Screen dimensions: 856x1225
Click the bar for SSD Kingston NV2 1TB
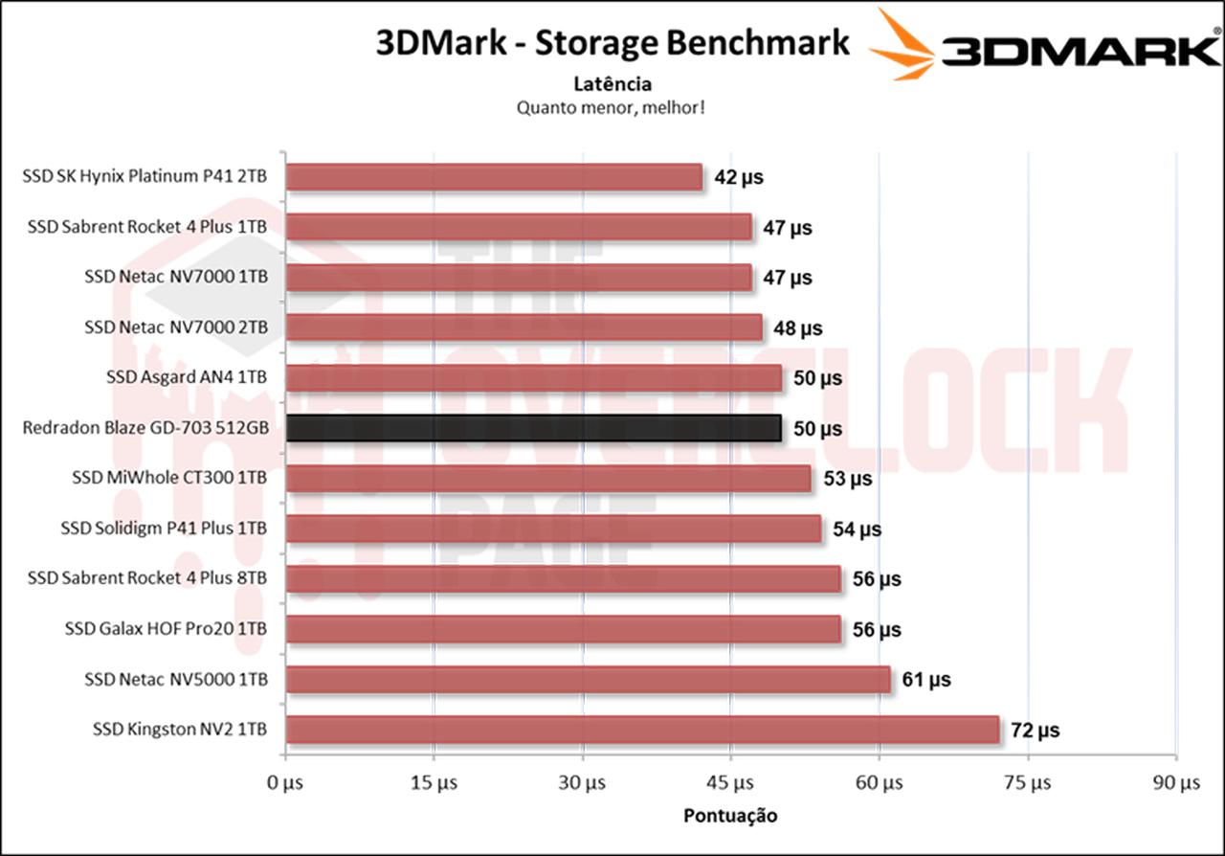(641, 730)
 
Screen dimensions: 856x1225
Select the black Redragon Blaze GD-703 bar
(533, 428)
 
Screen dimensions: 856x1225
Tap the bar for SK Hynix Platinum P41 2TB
(494, 177)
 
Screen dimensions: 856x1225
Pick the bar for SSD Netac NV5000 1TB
(588, 680)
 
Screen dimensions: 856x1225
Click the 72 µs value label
(1036, 731)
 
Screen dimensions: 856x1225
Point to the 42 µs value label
(739, 177)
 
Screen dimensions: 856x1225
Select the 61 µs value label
(926, 680)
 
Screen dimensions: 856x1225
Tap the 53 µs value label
(847, 479)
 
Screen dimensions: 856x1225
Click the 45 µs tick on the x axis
(731, 783)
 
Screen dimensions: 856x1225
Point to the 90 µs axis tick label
(1176, 783)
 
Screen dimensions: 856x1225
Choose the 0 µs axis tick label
(284, 783)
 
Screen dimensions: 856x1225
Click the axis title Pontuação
(730, 816)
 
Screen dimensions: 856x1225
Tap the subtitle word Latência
(612, 84)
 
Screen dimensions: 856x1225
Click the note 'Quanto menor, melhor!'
(612, 107)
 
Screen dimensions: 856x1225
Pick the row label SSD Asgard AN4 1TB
(187, 377)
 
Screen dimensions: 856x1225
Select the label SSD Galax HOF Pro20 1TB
(166, 629)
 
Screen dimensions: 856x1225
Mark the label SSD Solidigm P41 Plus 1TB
(164, 529)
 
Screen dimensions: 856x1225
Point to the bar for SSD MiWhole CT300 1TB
(547, 479)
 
